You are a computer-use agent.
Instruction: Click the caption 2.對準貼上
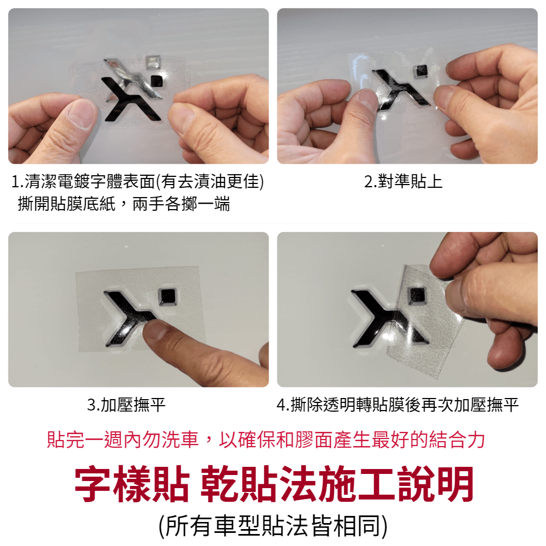pyautogui.click(x=403, y=181)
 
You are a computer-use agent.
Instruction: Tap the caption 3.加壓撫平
pyautogui.click(x=126, y=405)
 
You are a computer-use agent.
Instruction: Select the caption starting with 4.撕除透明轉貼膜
pyautogui.click(x=397, y=405)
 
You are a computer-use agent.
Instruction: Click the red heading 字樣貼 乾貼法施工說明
pyautogui.click(x=274, y=484)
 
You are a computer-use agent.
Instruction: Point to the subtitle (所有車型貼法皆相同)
pyautogui.click(x=272, y=526)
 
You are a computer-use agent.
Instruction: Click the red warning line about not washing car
pyautogui.click(x=266, y=440)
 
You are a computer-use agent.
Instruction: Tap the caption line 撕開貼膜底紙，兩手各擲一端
pyautogui.click(x=124, y=204)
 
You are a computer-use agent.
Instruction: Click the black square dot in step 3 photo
pyautogui.click(x=168, y=296)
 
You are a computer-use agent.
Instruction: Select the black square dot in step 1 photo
pyautogui.click(x=157, y=81)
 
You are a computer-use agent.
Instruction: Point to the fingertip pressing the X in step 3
pyautogui.click(x=156, y=329)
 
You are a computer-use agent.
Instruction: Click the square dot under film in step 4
pyautogui.click(x=417, y=296)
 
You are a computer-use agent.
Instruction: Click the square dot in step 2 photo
pyautogui.click(x=420, y=71)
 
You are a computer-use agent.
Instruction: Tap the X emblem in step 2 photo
pyautogui.click(x=400, y=89)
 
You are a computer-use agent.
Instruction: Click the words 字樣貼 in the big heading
pyautogui.click(x=132, y=484)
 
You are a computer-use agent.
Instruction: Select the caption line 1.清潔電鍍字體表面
pyautogui.click(x=138, y=181)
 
